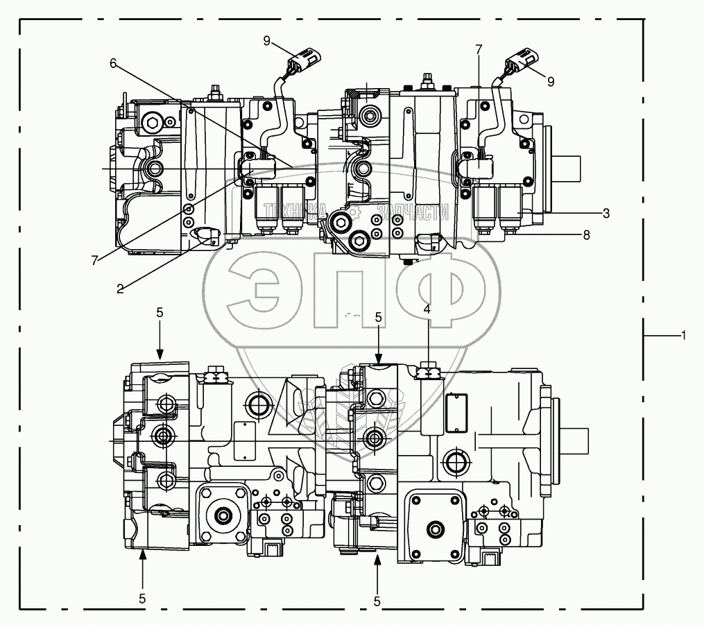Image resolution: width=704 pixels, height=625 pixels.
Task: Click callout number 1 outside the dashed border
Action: tap(683, 335)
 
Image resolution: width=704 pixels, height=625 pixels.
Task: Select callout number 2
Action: tap(120, 289)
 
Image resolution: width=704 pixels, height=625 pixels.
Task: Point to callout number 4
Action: tap(427, 309)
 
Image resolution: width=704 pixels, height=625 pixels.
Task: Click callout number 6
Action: tap(113, 62)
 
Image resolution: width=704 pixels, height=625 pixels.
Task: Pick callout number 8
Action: tap(587, 235)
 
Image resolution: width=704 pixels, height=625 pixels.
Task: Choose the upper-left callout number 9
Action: tap(266, 40)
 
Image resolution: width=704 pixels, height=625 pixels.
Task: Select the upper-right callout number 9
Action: tap(551, 81)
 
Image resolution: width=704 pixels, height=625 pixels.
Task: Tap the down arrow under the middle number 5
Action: tap(378, 347)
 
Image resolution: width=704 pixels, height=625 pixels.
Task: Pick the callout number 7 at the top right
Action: tap(478, 49)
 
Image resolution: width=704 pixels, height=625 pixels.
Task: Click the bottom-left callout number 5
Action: tap(142, 597)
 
